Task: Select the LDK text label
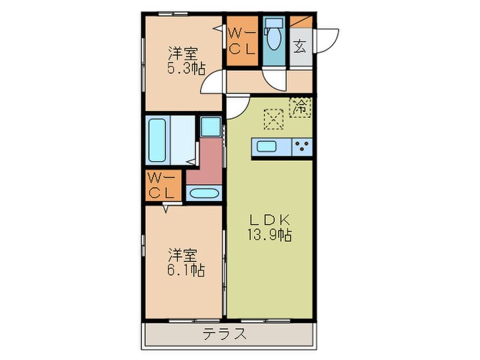tap(269, 220)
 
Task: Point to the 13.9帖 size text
tap(269, 235)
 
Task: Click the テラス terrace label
tap(224, 335)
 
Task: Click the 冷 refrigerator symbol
tap(300, 106)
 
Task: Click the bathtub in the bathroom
tap(158, 141)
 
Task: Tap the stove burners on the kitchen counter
tap(302, 147)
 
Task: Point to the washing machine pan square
tap(210, 127)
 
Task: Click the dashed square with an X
tap(274, 119)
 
